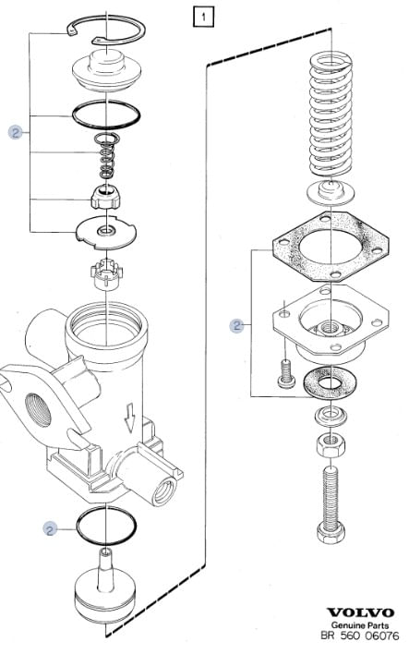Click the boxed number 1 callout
click(x=203, y=18)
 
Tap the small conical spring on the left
click(x=107, y=155)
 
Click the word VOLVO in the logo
click(x=360, y=612)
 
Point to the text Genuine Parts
click(x=360, y=625)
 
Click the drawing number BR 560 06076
click(x=360, y=636)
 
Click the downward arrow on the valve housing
click(x=130, y=418)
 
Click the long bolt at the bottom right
click(x=331, y=503)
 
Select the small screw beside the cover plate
click(x=286, y=373)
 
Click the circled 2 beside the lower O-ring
click(x=50, y=529)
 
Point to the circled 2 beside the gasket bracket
click(x=236, y=325)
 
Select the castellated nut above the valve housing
click(x=106, y=274)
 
